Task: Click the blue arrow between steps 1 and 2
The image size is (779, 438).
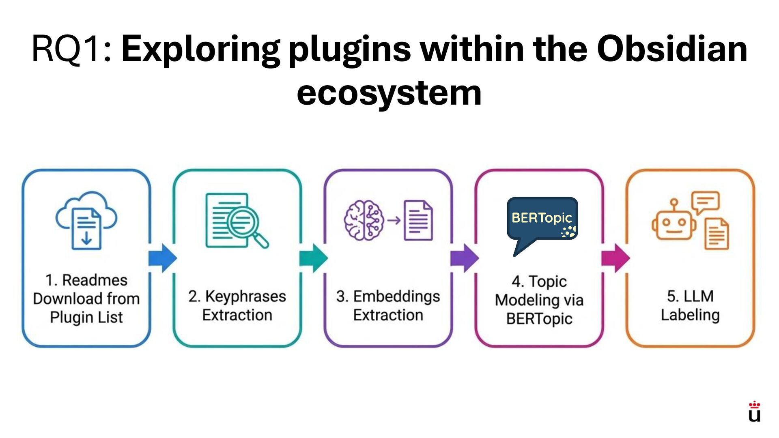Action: coord(163,258)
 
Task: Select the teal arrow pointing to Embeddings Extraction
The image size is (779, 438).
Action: coord(314,258)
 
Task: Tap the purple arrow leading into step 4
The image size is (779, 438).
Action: coord(465,258)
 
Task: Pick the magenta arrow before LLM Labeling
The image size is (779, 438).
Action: coord(615,258)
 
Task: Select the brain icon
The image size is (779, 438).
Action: coord(364,220)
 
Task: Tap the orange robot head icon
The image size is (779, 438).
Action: coord(674,223)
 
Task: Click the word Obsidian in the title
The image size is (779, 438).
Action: coord(672,49)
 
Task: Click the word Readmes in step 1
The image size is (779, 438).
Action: coord(95,280)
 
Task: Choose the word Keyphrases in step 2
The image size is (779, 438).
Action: coord(245,296)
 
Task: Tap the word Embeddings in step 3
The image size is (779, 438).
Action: coord(396,296)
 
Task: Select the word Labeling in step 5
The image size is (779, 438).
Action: coord(690,315)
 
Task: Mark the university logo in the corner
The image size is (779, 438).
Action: coord(754,412)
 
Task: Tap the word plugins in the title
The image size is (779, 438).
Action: coord(350,49)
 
